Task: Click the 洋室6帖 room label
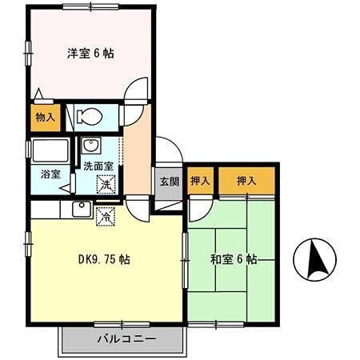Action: pyautogui.click(x=90, y=54)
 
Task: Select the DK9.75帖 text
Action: pyautogui.click(x=105, y=259)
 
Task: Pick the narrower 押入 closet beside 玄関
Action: pyautogui.click(x=200, y=182)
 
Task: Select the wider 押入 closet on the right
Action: pyautogui.click(x=246, y=182)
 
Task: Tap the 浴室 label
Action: pyautogui.click(x=40, y=173)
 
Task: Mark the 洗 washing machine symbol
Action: pyautogui.click(x=106, y=186)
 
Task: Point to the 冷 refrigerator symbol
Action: pyautogui.click(x=104, y=215)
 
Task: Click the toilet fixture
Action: pyautogui.click(x=89, y=116)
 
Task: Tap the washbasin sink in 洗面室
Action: pyautogui.click(x=90, y=147)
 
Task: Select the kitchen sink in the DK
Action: pyautogui.click(x=80, y=210)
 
